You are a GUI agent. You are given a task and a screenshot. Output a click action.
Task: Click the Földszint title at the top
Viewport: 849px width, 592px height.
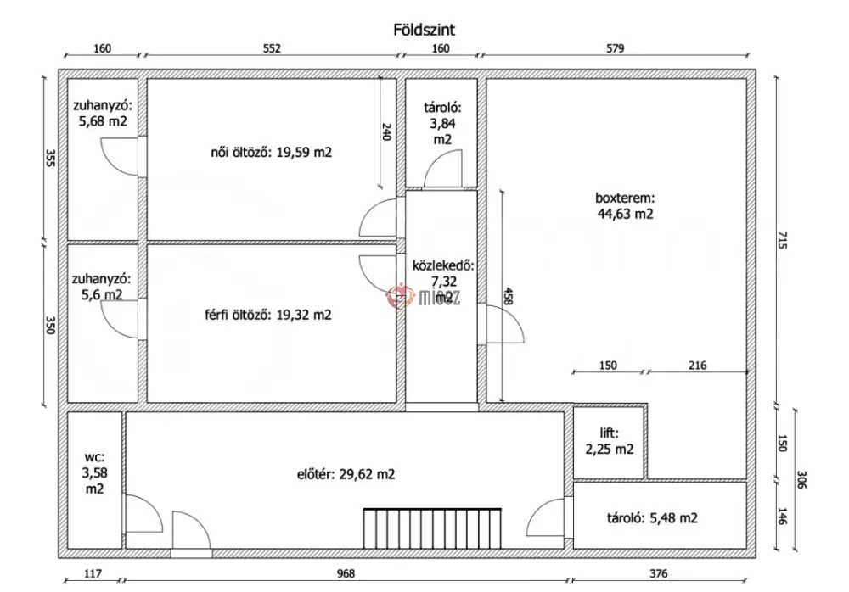point(424,29)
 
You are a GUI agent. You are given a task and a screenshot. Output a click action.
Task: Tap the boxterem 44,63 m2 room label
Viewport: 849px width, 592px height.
point(626,205)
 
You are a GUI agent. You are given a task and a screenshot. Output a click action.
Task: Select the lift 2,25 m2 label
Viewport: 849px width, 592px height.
point(609,441)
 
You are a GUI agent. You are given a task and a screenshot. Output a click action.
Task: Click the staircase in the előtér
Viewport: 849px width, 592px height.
point(432,528)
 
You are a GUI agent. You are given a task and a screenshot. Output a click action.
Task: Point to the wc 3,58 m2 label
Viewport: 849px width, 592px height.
point(94,472)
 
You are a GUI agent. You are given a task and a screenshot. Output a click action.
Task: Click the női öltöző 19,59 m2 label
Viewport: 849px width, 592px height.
point(272,152)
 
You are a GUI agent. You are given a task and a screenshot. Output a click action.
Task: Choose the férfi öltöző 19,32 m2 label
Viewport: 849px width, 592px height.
point(268,315)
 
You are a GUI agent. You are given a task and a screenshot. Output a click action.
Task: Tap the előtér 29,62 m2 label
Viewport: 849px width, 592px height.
point(346,474)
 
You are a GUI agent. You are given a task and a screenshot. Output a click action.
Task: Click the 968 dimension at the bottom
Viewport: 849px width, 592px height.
point(346,573)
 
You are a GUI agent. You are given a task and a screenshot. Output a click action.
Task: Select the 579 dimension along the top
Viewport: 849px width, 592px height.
point(615,48)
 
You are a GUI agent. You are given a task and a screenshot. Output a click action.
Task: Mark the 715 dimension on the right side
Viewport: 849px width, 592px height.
point(782,240)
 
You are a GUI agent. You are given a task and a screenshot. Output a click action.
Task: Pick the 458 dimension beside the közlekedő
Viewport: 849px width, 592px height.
point(508,295)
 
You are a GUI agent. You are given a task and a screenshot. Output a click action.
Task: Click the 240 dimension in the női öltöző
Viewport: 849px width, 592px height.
point(386,132)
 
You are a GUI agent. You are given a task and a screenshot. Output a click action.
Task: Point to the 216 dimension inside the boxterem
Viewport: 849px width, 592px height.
point(697,366)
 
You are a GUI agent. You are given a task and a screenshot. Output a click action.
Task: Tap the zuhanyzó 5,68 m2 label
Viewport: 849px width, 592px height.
point(103,113)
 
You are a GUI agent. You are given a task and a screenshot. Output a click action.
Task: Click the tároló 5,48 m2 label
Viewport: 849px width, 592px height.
point(652,518)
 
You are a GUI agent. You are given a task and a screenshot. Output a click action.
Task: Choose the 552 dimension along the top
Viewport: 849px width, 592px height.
point(272,48)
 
